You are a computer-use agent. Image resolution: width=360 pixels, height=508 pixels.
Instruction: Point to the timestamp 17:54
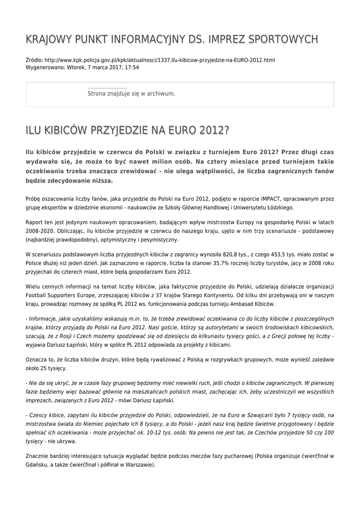(131, 67)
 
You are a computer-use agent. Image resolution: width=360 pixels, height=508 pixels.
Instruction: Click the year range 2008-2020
(41, 231)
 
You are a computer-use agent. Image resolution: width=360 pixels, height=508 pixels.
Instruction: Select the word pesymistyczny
(155, 240)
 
